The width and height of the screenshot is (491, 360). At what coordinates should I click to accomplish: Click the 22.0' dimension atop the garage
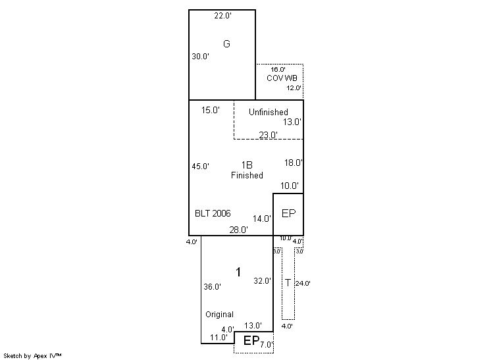point(222,16)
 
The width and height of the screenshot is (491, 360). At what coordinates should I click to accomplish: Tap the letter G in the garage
point(226,44)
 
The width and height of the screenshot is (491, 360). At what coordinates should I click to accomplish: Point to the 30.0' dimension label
point(200,57)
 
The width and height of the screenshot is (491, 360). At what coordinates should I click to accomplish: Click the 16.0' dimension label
point(278,69)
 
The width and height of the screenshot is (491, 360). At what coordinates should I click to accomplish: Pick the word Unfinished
point(268,112)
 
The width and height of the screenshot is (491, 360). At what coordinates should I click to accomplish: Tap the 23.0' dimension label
point(268,135)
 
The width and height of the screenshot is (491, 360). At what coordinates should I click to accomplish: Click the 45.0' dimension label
point(200,167)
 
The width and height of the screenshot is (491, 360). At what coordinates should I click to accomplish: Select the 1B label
point(246,165)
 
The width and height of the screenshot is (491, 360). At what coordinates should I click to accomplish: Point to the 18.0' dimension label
point(293,163)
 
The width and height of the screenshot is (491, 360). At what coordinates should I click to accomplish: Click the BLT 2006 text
point(213,214)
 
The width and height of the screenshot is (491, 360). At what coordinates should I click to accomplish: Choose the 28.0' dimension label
point(238,230)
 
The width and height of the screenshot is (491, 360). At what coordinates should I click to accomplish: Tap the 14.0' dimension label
point(262,219)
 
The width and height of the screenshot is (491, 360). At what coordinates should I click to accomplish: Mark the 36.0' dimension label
point(212,287)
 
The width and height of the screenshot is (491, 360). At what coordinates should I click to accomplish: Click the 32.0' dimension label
point(262,280)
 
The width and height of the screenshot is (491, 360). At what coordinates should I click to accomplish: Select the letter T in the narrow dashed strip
point(287,283)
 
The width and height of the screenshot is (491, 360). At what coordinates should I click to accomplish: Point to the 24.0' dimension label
point(303,284)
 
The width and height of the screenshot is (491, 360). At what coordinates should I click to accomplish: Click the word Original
point(219,315)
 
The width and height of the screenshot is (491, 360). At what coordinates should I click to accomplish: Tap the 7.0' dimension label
point(266,344)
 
